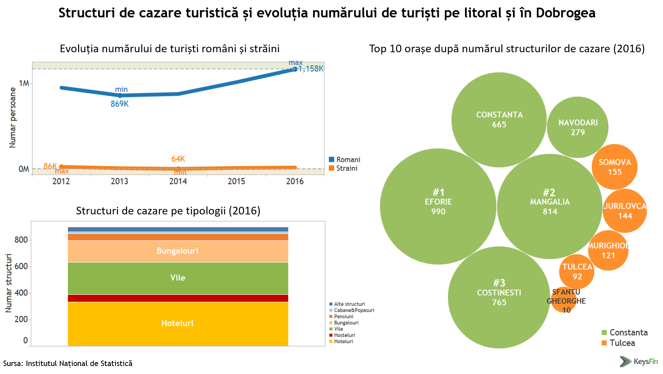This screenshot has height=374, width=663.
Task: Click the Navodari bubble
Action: coord(577,127)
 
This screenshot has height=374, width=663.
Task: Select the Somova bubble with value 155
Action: coord(615,167)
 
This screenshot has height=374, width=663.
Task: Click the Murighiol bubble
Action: coord(608,251)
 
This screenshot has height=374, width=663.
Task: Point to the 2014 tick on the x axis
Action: coord(178,181)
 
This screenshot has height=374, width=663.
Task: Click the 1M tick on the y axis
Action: coord(24,83)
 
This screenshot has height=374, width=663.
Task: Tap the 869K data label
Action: coord(120,104)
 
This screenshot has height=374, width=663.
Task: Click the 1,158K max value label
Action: coord(311,69)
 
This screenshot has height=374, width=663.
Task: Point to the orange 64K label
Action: coord(178,159)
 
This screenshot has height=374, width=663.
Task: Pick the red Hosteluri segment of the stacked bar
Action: coord(178,298)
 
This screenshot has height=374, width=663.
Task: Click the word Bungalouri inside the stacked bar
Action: coord(177,251)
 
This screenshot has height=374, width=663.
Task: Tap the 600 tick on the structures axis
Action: coord(21,266)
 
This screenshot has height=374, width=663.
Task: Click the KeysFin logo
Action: coord(639,361)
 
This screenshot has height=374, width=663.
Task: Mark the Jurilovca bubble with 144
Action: coord(625,211)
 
